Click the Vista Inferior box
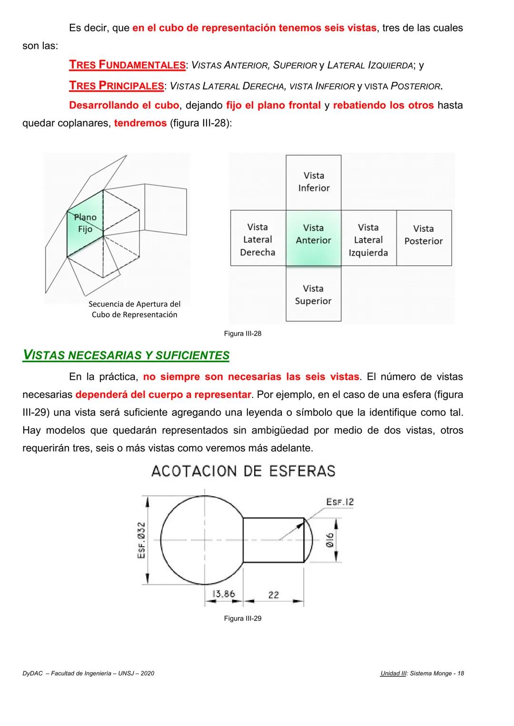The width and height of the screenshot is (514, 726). (x=314, y=182)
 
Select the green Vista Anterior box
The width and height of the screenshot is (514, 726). (x=313, y=237)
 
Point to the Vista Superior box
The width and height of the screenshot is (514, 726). (x=313, y=294)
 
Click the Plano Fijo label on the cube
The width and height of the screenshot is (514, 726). (x=85, y=223)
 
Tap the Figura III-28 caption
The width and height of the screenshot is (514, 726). (x=243, y=334)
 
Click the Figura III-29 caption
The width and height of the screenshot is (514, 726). (x=243, y=619)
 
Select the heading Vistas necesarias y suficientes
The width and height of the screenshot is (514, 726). (x=126, y=355)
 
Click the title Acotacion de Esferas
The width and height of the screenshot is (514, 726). (x=243, y=471)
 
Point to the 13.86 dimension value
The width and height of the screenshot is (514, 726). (x=223, y=594)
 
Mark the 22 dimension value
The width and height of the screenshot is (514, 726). (x=274, y=594)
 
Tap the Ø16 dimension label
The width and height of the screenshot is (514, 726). (x=330, y=540)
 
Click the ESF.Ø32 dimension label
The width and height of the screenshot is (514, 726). (x=141, y=540)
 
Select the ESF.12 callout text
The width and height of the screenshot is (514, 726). (x=340, y=502)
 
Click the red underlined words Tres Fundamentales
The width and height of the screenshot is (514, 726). (x=127, y=65)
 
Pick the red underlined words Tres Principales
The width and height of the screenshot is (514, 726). (x=116, y=86)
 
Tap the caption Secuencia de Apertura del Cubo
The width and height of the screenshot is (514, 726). (x=135, y=309)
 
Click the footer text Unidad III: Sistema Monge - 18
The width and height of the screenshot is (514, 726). (x=422, y=673)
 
